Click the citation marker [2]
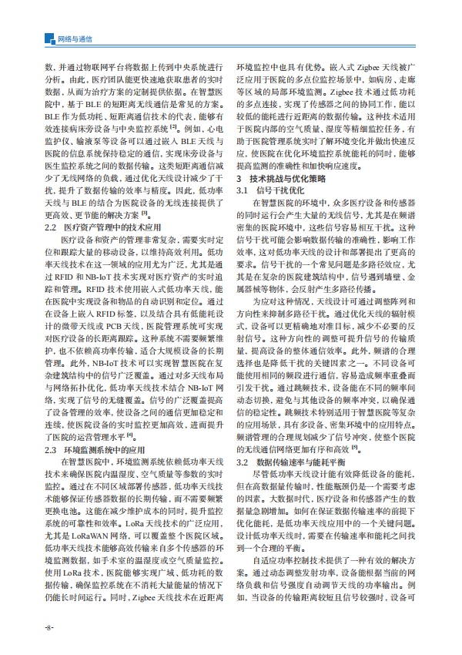click(173, 126)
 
